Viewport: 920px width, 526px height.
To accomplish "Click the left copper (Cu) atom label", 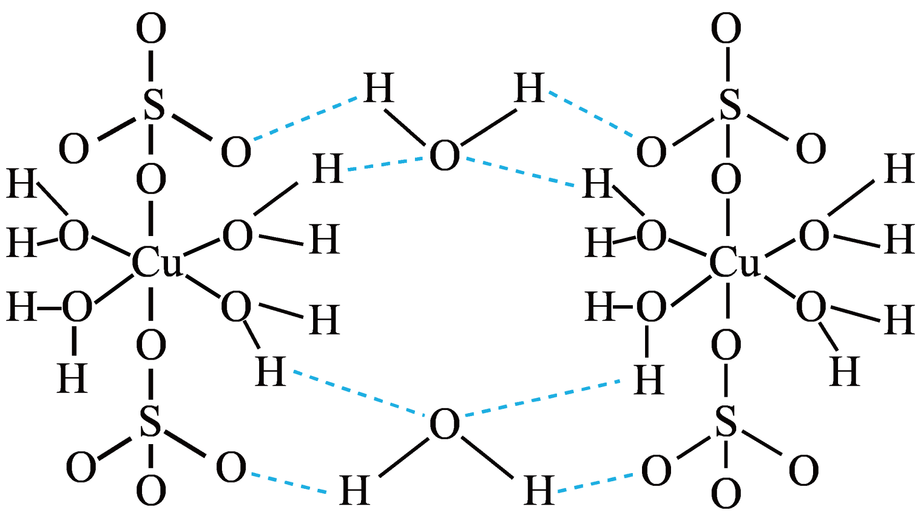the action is (156, 262).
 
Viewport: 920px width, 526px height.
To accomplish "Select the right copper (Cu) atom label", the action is (734, 262).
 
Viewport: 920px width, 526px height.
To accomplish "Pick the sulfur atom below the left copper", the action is (150, 422).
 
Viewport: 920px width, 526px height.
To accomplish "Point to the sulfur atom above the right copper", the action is (730, 105).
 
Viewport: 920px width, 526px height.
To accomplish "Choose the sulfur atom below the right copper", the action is (726, 422).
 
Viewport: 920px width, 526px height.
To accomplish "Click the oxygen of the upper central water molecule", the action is (444, 155).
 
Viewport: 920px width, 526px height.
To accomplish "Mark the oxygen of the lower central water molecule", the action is (444, 424).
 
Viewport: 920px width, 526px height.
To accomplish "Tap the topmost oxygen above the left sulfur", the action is (151, 28).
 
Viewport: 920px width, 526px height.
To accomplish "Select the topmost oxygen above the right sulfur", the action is (726, 28).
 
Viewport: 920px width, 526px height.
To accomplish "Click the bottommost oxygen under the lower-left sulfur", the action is (151, 491).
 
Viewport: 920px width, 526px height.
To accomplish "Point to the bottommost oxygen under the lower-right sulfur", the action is (726, 493).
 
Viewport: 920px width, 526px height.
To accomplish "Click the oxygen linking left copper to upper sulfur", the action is (151, 179).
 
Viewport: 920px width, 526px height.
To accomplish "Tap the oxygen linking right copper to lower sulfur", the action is (726, 346).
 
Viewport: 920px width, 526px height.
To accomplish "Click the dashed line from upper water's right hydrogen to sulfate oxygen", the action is (591, 114).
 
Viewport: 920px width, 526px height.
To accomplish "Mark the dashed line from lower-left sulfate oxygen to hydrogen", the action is (289, 483).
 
